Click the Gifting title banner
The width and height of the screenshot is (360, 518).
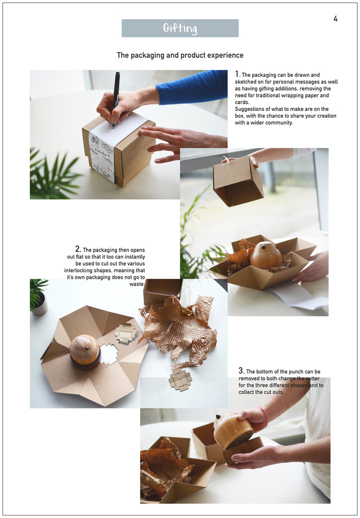180,28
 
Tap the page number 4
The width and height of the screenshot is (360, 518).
335,19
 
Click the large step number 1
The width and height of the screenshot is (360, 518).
237,74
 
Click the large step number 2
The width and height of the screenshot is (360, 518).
78,249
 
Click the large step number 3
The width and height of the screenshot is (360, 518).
241,370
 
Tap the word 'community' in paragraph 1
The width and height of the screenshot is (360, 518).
279,123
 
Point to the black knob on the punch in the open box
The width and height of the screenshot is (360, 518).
263,247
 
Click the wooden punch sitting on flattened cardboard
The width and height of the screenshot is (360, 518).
85,352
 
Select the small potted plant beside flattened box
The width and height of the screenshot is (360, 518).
39,296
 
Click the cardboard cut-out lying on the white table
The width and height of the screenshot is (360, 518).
180,379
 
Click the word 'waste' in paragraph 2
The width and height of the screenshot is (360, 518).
137,284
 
